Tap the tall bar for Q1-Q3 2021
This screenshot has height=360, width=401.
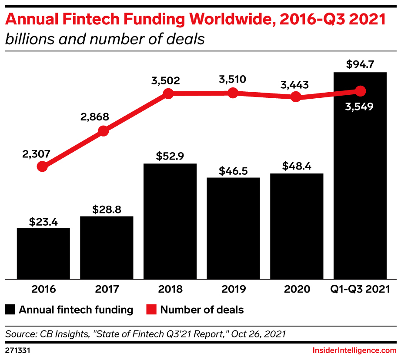coord(360,183)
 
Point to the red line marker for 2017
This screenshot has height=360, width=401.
coord(104,131)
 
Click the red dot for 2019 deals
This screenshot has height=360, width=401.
coord(233,93)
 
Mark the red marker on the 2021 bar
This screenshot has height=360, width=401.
coord(360,91)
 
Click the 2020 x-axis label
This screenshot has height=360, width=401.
coord(297,289)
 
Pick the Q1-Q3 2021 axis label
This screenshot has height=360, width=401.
coord(360,289)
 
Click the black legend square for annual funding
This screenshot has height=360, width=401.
coord(10,310)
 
